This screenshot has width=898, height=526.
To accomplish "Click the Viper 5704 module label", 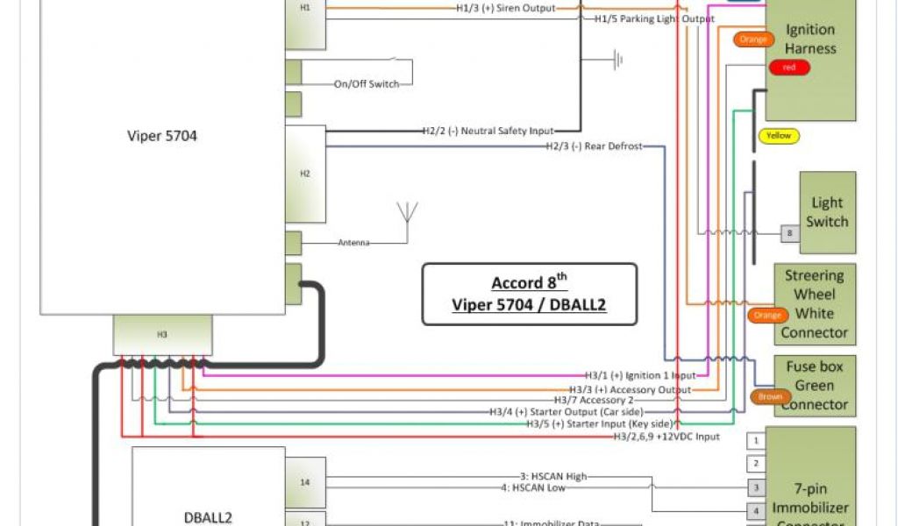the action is pos(161,136).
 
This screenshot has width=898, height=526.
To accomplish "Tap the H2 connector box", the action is pos(305,173).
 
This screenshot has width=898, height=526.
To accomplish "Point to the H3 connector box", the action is pos(162,335).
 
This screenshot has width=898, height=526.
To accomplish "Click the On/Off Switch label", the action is pos(367,84).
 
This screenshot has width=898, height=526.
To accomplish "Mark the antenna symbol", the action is pos(406,216).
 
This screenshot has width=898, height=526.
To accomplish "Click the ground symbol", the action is pos(619,60).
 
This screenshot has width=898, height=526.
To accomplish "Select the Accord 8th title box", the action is pos(529,294).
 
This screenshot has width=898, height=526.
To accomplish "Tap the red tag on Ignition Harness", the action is pos(789,68).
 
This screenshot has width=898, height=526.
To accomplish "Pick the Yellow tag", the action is pos(778,136).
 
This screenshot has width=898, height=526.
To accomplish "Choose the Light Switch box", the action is pos(826,212).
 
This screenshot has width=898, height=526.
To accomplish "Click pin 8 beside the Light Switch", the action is pos(789,233).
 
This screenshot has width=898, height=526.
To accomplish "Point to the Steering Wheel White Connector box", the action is pos(814,304).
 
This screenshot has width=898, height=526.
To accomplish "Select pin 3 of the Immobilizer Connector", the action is pos(755,487).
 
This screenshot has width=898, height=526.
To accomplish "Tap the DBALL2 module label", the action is pos(209,517).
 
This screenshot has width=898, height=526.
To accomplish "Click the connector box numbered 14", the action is pos(305,482).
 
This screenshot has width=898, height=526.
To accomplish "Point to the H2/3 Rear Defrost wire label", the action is pos(594,146).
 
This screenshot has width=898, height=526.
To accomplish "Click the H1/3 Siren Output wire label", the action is pos(506,9).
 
